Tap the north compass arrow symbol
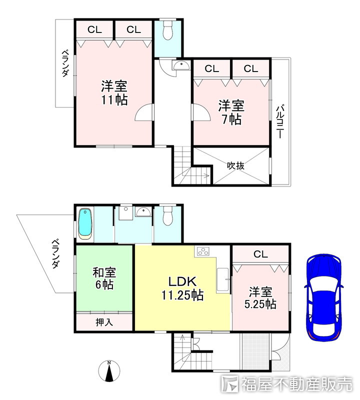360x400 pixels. tap(110, 372)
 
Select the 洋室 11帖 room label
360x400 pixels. tap(114, 92)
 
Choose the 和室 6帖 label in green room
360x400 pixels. tap(104, 278)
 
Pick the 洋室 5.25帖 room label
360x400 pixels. tap(261, 297)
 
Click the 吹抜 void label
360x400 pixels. tap(235, 165)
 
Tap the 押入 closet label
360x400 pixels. tap(104, 321)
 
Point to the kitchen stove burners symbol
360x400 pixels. tap(204, 252)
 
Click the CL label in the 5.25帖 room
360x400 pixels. tap(260, 254)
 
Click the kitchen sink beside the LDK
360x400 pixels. tap(223, 280)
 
